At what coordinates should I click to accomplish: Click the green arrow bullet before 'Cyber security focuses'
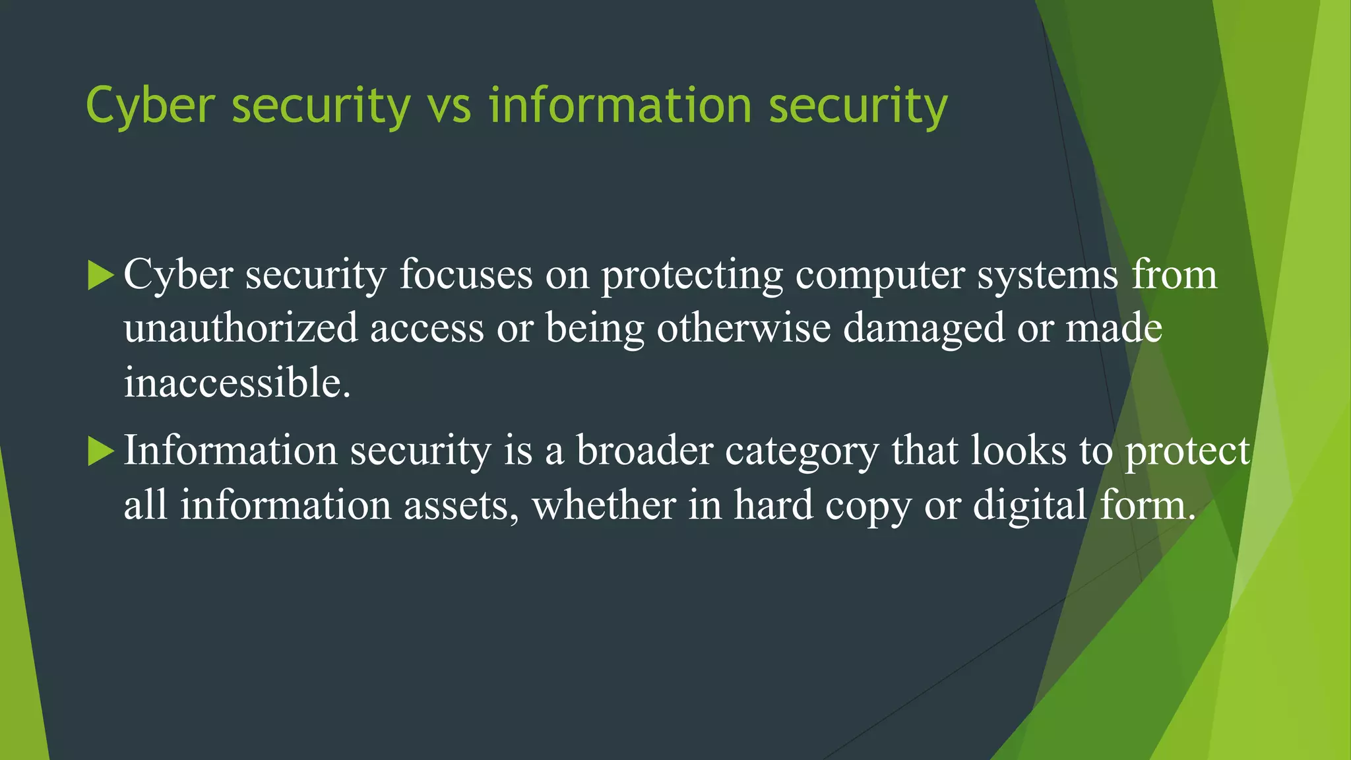100,275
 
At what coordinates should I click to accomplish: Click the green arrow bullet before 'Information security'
100,452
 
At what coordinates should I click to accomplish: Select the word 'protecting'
692,276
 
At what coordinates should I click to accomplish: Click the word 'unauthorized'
241,329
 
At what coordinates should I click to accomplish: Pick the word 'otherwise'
743,329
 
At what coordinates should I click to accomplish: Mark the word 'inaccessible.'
237,383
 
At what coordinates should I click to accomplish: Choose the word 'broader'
644,451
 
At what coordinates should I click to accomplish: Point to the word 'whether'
604,505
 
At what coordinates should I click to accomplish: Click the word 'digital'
1030,507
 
